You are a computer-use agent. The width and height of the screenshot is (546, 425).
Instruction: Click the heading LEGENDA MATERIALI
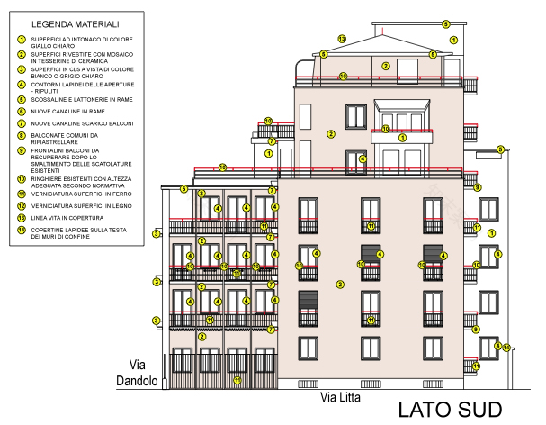[x=75, y=23]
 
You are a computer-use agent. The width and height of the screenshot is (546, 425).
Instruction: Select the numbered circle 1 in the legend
[x=21, y=40]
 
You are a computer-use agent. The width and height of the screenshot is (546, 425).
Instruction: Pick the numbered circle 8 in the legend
[x=21, y=137]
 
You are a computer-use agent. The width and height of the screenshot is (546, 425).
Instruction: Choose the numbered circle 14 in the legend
[x=21, y=230]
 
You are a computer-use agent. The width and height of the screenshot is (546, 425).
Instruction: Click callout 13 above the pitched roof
[x=342, y=39]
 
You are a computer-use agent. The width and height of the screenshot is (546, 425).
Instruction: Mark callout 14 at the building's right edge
[x=506, y=348]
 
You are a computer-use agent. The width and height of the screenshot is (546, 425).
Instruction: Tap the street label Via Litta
[x=341, y=395]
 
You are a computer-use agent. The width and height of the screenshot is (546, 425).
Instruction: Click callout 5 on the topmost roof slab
[x=445, y=24]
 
